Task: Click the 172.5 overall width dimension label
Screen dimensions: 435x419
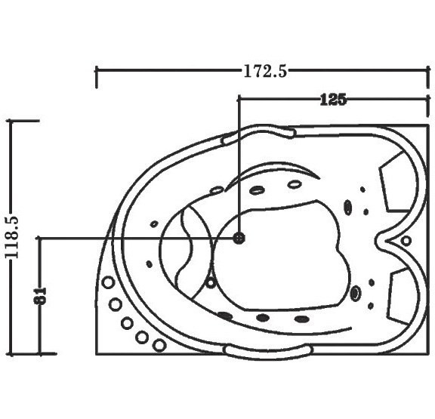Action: coord(265,71)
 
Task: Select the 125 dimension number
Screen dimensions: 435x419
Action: coord(333,100)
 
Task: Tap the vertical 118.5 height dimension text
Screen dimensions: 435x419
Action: coord(12,237)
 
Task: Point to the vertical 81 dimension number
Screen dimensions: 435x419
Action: coord(41,297)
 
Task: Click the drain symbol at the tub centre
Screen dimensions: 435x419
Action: coord(239,238)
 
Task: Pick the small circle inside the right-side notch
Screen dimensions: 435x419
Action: coord(406,240)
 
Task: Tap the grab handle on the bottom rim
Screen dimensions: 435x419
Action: coord(269,352)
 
